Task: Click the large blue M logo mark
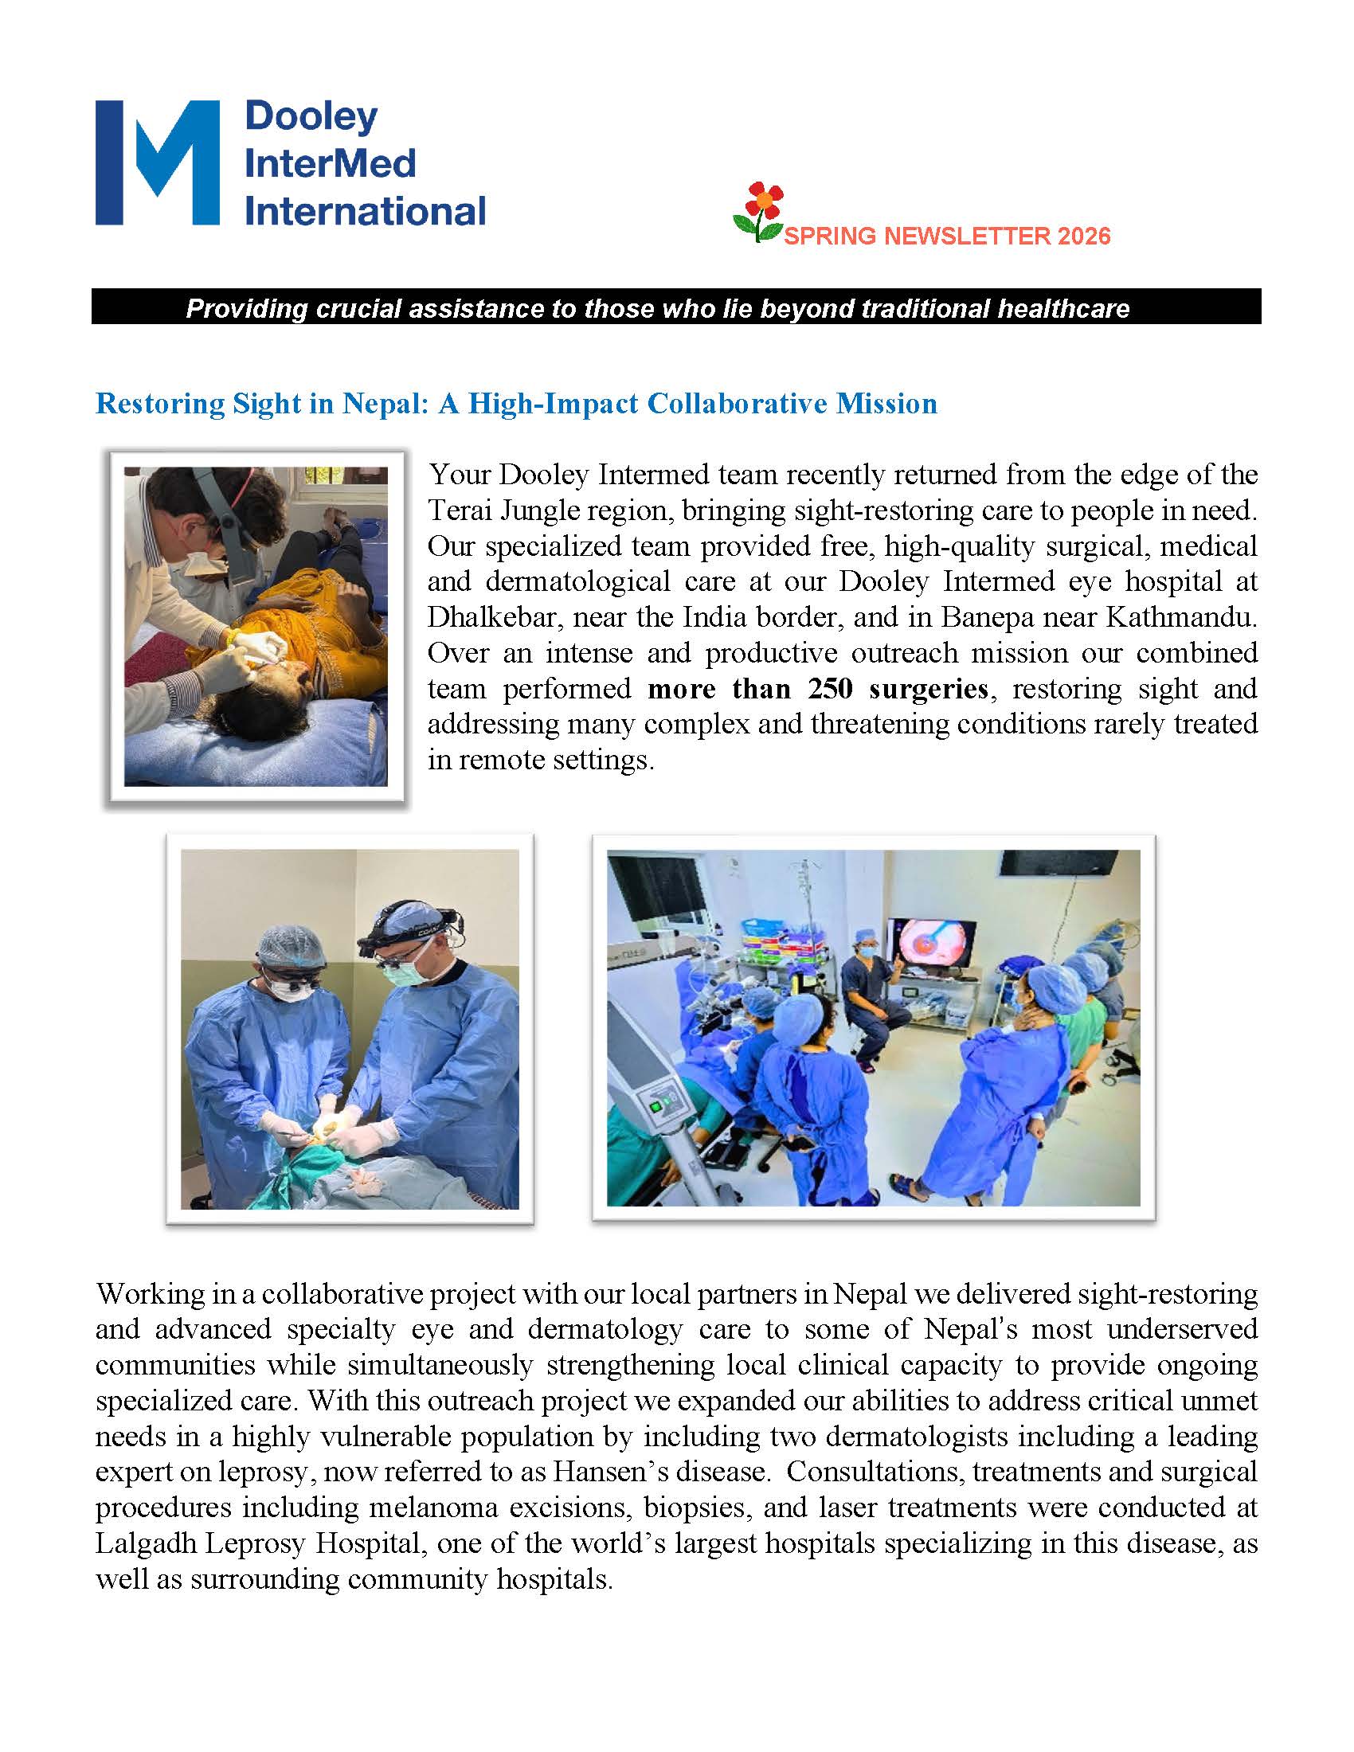tap(157, 162)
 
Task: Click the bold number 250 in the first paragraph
tap(830, 688)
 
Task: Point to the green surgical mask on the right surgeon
tap(400, 976)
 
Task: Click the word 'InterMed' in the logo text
tap(330, 163)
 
